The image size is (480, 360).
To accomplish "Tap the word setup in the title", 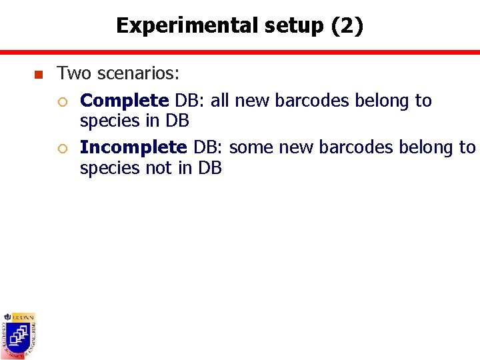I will pyautogui.click(x=291, y=26).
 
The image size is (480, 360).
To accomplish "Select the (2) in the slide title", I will pyautogui.click(x=347, y=26).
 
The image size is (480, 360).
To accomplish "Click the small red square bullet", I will pyautogui.click(x=37, y=75).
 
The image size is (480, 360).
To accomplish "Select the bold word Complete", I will pyautogui.click(x=124, y=101).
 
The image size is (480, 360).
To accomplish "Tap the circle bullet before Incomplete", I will pyautogui.click(x=61, y=148).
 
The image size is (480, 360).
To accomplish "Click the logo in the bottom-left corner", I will pyautogui.click(x=19, y=335).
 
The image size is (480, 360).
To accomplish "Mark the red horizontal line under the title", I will pyautogui.click(x=240, y=51).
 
